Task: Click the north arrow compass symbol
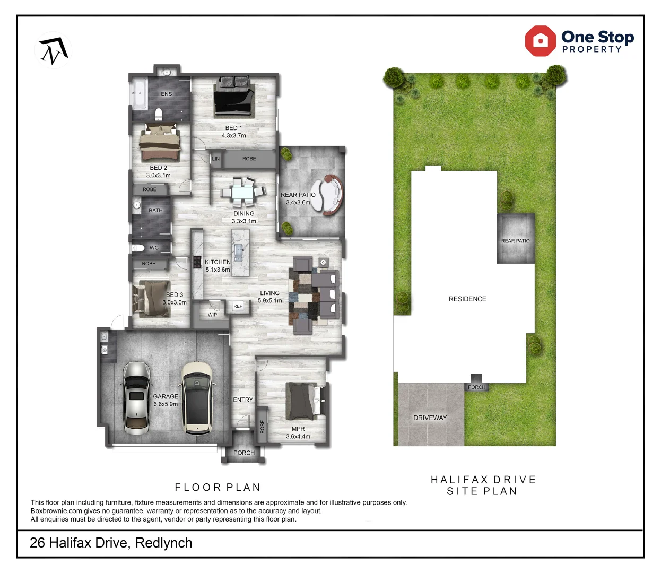[54, 51]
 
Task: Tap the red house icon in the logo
[540, 41]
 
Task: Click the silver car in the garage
[136, 398]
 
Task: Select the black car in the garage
[196, 398]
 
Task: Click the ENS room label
[167, 94]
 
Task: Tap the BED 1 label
[233, 128]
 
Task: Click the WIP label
[212, 315]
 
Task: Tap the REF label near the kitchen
[238, 306]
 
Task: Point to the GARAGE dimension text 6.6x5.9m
[166, 404]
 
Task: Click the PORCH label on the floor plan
[244, 453]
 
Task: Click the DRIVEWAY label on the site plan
[430, 418]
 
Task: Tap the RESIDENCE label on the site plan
[467, 299]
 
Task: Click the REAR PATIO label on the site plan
[515, 241]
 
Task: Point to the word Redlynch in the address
[163, 543]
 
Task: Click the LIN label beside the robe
[216, 159]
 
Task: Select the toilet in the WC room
[138, 247]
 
